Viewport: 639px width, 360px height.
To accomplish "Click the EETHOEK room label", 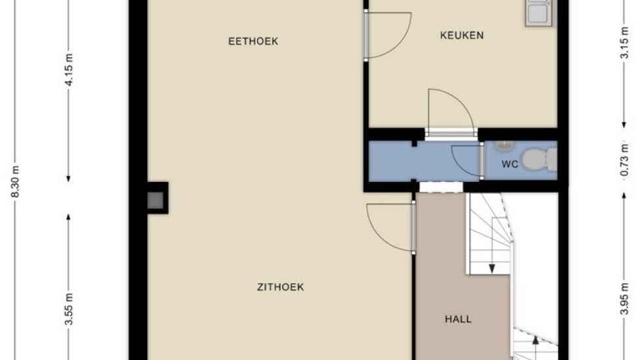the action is [253, 41].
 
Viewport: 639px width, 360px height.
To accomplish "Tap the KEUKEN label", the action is [461, 35].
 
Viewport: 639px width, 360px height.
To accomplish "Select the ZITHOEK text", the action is [280, 287].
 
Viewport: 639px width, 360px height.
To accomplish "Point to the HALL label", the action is [458, 319].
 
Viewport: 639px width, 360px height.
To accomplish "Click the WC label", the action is [509, 164].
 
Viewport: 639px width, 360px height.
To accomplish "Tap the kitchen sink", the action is [540, 13].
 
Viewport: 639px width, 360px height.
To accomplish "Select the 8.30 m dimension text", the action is [15, 181].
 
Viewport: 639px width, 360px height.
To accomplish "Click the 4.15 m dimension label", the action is [69, 70].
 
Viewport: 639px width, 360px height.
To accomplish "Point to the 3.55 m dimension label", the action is [69, 309].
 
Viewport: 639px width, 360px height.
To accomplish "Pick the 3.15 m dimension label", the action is [624, 43].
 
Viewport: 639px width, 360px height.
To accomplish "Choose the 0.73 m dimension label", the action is [624, 160].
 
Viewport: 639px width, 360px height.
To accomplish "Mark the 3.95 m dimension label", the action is [624, 298].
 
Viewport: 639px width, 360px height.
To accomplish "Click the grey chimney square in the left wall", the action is [155, 200].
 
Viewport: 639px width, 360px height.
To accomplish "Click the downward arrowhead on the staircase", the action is [492, 269].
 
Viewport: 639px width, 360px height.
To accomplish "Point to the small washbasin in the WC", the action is [504, 145].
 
